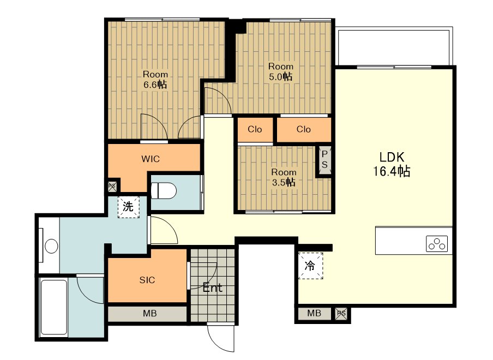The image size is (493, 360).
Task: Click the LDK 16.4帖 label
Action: coord(392,164)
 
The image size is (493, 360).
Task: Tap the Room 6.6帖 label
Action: coord(155,80)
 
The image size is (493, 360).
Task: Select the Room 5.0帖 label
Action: coord(280,71)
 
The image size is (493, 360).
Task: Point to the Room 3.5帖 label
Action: coord(284,177)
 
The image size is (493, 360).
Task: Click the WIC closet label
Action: coord(151,159)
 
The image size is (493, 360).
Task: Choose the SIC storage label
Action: coord(147,280)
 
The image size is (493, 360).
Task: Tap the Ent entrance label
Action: coord(213,287)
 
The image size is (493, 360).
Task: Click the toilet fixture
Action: coord(164,190)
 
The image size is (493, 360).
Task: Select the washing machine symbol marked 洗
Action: coord(128,207)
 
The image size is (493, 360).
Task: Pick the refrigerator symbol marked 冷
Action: coord(310,266)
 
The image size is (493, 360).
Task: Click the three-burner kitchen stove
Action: coord(437,244)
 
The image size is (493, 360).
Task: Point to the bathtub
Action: coord(54,308)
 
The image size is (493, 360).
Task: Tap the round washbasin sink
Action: coord(51,246)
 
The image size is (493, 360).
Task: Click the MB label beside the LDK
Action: coord(314,313)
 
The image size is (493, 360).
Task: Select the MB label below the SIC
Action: coord(149,314)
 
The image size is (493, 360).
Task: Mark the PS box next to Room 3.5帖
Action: coord(324,159)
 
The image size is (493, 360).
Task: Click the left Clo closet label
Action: coord(255,129)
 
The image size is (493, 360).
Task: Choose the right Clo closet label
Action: coord(303,129)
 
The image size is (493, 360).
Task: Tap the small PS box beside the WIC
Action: coord(112,186)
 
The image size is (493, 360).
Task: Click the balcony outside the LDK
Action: coord(395,47)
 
